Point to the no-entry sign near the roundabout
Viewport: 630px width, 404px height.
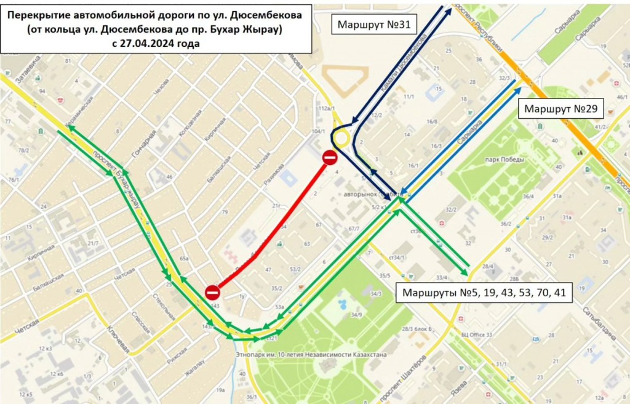(330, 158)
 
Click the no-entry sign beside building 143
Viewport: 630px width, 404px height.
(212, 291)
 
